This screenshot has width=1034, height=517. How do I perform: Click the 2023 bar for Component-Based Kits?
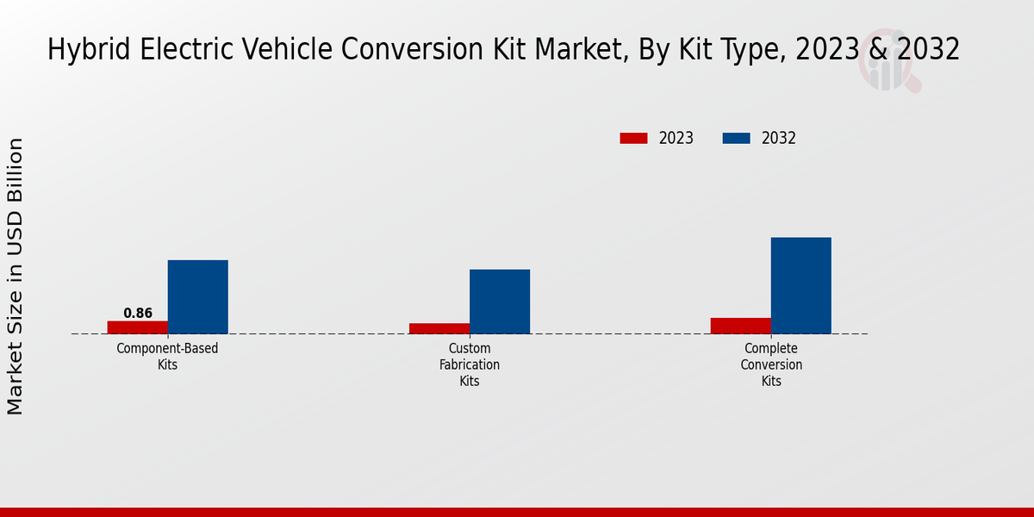pos(138,327)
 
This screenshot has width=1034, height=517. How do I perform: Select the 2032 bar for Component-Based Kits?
pos(198,296)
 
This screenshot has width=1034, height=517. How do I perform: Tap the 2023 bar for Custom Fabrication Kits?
pos(439,328)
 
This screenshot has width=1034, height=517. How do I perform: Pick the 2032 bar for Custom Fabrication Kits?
pos(500,302)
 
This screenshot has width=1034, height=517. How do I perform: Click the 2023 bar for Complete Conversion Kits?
pos(741,326)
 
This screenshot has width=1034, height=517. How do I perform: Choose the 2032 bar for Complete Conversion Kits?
pos(801,285)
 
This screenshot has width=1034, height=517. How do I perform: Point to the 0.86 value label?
pos(138,313)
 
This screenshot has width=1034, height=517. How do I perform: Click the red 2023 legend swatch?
pos(633,138)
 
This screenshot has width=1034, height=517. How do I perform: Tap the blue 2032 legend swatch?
pos(736,138)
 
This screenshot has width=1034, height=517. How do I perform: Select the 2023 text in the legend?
pos(676,138)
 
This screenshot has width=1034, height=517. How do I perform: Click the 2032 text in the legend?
pos(779,138)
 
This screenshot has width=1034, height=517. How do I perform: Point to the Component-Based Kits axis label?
pos(168,357)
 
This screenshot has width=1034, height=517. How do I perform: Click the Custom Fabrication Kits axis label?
pos(470,364)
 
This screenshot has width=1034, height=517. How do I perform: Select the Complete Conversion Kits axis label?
pos(771,364)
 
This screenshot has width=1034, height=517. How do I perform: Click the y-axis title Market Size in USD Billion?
pos(16,276)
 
